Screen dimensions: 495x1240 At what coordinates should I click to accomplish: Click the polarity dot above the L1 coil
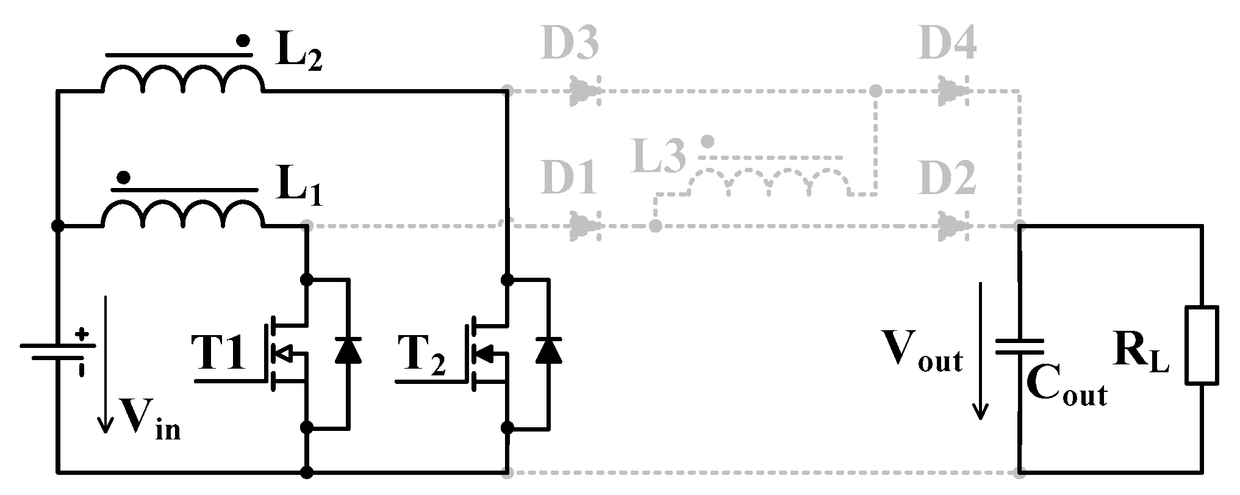(x=124, y=178)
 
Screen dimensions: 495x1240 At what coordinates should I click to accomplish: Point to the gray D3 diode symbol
(x=586, y=92)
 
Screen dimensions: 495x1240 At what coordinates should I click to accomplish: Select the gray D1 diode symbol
(x=586, y=226)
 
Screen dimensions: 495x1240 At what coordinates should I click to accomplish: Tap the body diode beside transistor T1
(x=348, y=351)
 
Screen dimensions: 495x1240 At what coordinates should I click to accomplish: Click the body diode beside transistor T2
(x=548, y=351)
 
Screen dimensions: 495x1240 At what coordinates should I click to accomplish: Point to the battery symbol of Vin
(x=58, y=351)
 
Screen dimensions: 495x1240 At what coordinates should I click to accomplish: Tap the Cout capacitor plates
(x=1019, y=347)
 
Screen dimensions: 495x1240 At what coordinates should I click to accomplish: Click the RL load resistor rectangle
(x=1202, y=346)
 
